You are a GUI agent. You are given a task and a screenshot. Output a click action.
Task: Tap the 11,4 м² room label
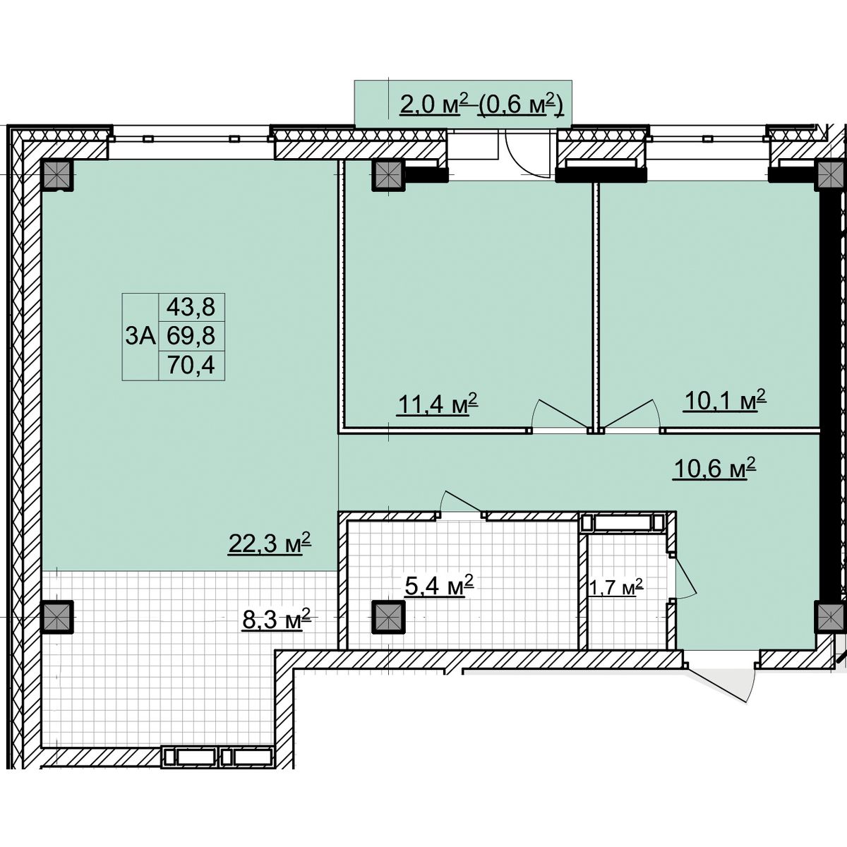[437, 403]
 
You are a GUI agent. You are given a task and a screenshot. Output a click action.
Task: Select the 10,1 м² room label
[724, 400]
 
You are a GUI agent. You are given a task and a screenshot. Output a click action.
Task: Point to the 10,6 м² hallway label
[714, 469]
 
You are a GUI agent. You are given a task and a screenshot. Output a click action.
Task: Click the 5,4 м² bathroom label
[438, 585]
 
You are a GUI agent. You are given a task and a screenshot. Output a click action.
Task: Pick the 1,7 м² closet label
[615, 587]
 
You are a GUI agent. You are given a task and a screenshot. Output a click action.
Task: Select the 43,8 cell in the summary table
[191, 307]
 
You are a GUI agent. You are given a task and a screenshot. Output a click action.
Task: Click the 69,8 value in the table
[191, 336]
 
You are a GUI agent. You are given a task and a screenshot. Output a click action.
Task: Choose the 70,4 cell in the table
[191, 365]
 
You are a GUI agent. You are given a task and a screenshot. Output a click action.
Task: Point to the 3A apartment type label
[140, 336]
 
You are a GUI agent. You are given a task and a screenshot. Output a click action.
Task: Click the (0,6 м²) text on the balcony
[520, 105]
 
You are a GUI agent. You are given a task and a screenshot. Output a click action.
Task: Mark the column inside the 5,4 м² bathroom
[388, 617]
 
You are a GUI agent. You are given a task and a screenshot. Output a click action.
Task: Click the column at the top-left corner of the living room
[56, 174]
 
